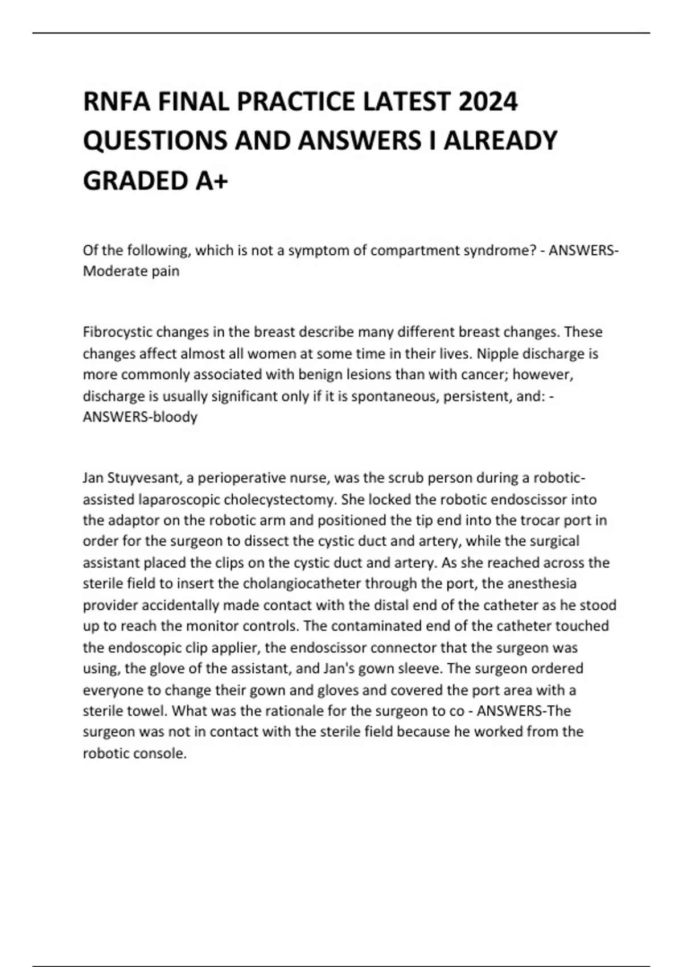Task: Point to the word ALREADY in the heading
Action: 500,141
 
